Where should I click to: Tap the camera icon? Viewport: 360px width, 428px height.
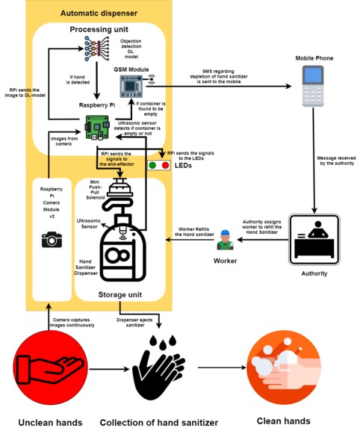click(52, 239)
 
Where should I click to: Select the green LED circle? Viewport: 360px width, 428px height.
click(153, 164)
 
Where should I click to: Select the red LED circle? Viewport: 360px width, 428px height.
click(165, 164)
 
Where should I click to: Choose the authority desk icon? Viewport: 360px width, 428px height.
click(314, 239)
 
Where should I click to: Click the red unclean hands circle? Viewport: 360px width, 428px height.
click(48, 365)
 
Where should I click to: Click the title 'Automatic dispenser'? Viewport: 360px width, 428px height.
click(98, 13)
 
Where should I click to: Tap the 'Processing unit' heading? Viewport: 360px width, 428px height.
click(98, 29)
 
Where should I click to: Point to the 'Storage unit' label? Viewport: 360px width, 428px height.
click(120, 294)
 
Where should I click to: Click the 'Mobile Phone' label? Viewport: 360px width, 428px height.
click(314, 58)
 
